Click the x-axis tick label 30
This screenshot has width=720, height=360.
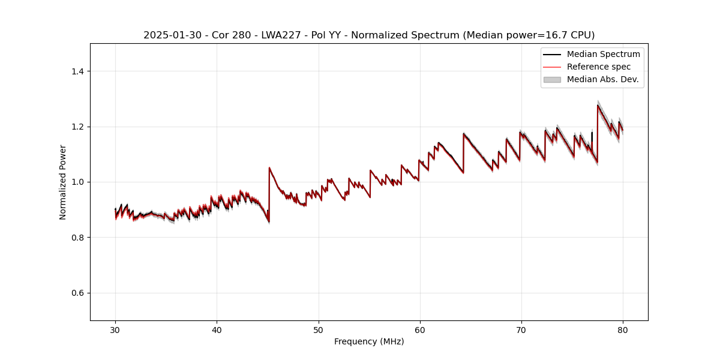click(115, 329)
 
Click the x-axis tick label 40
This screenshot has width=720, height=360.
click(217, 329)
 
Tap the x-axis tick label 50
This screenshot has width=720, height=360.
click(319, 329)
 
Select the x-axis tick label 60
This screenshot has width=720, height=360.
click(420, 329)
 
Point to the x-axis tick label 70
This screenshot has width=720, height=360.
click(521, 329)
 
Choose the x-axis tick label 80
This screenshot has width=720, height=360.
click(623, 329)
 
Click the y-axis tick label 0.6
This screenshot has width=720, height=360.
click(77, 293)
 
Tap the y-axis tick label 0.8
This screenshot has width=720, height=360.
click(77, 238)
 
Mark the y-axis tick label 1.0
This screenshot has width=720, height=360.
click(77, 182)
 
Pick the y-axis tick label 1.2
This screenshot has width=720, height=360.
click(77, 127)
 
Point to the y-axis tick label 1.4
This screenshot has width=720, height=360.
click(77, 71)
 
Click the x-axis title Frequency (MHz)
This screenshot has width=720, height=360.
click(369, 341)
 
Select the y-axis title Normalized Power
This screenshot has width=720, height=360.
click(63, 182)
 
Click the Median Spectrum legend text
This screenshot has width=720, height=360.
click(603, 54)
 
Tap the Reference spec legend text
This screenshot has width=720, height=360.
click(599, 67)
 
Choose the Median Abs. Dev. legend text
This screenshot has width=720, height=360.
click(602, 79)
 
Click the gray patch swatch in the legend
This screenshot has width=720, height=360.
click(552, 79)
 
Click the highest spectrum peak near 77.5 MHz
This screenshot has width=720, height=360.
click(598, 106)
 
